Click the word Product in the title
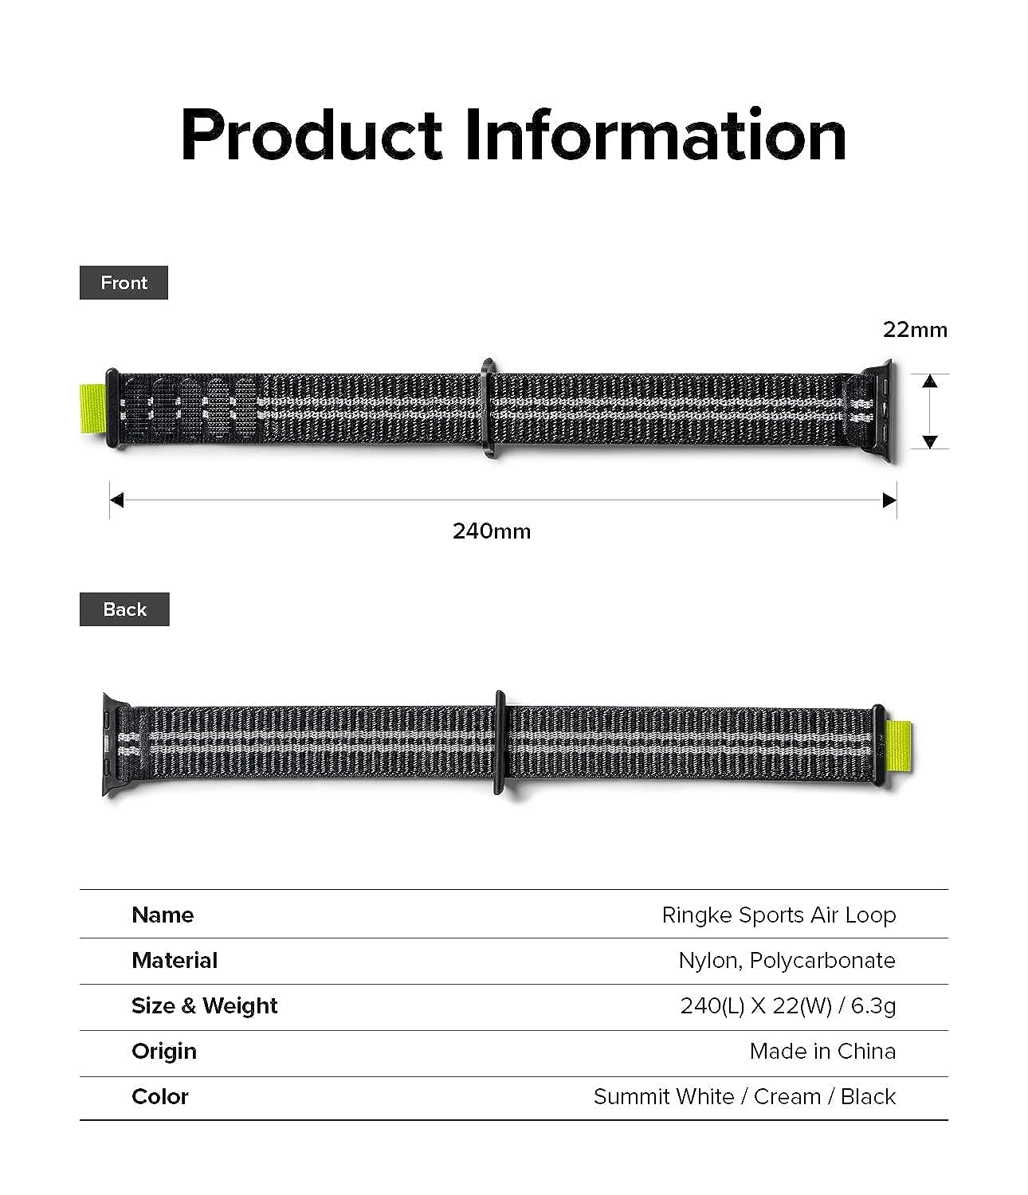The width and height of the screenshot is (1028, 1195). (x=312, y=135)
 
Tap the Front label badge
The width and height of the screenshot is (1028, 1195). (x=124, y=283)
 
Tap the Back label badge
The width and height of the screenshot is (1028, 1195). (x=124, y=609)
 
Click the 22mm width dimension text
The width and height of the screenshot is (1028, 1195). (x=916, y=330)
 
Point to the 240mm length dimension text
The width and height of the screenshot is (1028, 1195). (x=492, y=531)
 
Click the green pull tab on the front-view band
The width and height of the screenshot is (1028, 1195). (x=92, y=409)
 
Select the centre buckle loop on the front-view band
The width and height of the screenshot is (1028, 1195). (x=488, y=408)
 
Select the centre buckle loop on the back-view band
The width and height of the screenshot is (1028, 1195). (x=500, y=742)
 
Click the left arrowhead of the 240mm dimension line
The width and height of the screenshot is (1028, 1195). (x=117, y=500)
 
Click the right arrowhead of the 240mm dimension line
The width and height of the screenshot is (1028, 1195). (x=889, y=500)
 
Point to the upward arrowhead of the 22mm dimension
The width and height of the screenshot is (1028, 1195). (x=930, y=381)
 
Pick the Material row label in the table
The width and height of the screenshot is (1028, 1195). (x=175, y=960)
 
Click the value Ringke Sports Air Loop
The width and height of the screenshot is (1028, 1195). (x=779, y=915)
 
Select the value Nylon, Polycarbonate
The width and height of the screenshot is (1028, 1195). (x=787, y=961)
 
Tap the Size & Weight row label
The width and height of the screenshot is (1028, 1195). (x=205, y=1006)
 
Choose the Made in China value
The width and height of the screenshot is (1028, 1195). (x=822, y=1051)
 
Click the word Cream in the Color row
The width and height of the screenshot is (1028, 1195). (x=787, y=1097)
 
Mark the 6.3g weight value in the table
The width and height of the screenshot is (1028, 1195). (x=873, y=1006)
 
